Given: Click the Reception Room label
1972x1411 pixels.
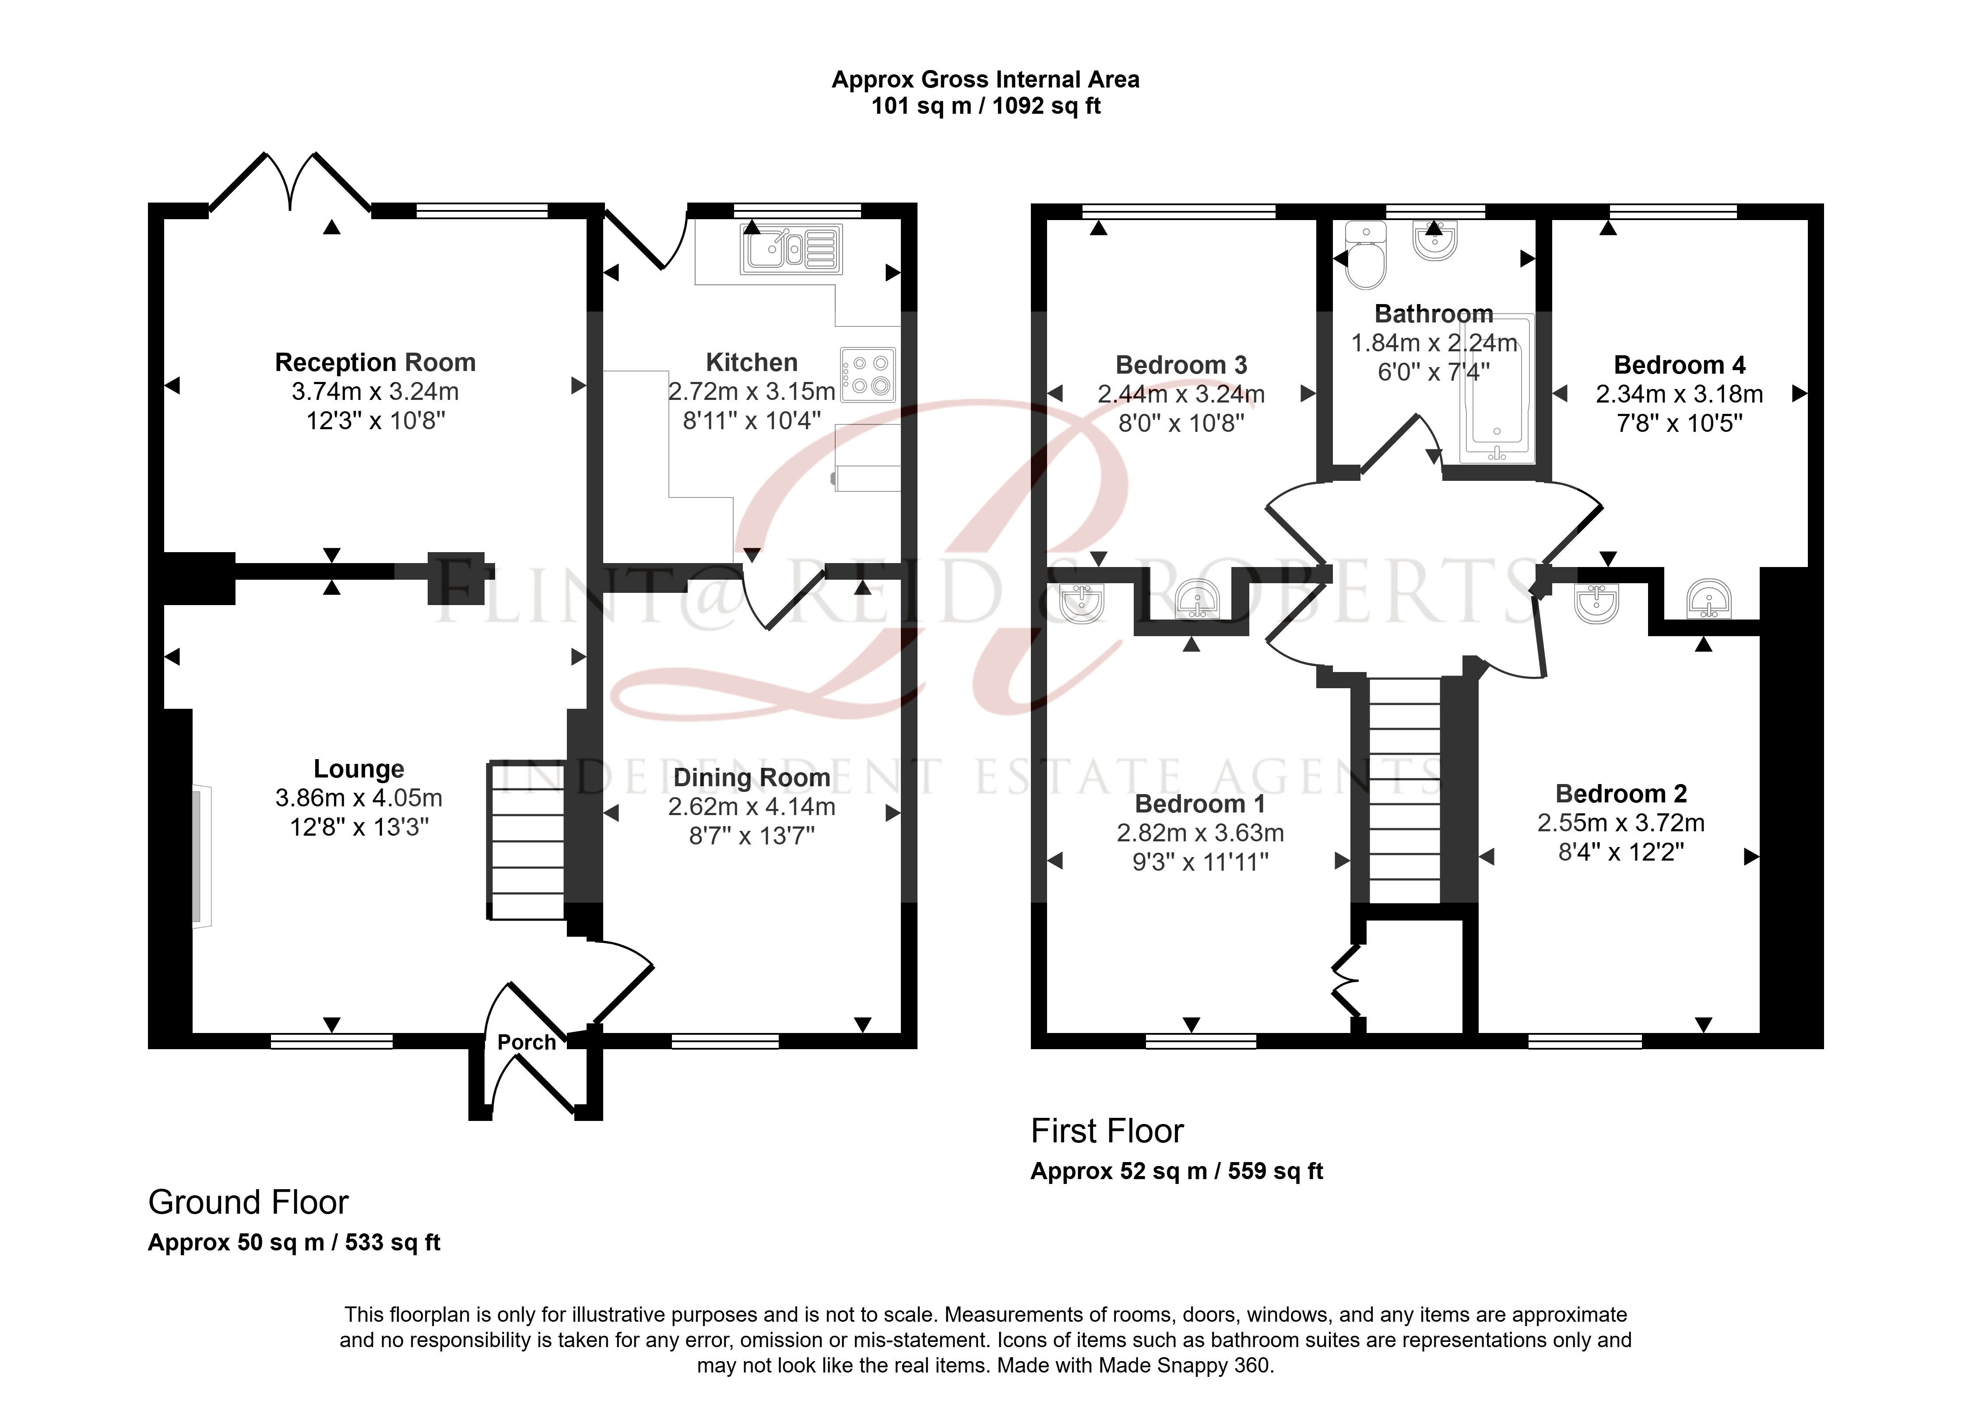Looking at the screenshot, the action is pos(376,362).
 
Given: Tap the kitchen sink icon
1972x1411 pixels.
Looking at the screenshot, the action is pos(791,249).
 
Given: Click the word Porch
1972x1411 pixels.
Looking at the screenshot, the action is pos(527,1042).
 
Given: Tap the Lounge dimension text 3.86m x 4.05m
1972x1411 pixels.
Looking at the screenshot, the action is pos(359,798).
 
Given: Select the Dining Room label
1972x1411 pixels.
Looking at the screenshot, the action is pos(752,777).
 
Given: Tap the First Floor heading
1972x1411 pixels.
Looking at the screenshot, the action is pos(1107,1131).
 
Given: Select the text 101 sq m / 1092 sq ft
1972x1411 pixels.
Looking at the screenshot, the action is pos(986,106).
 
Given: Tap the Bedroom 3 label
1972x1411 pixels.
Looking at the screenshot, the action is pos(1181,365).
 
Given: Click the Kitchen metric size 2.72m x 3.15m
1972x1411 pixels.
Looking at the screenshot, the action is pos(752,392).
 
